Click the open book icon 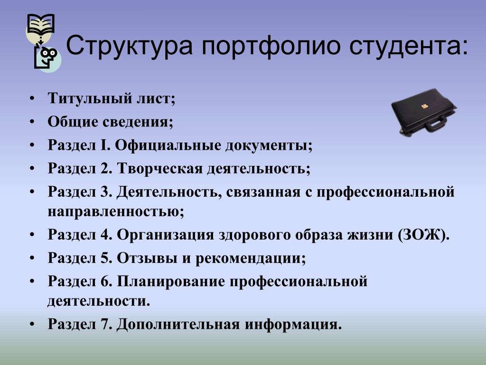pyautogui.click(x=41, y=24)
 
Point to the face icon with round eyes pyautogui.click(x=47, y=58)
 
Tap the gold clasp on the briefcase pyautogui.click(x=425, y=106)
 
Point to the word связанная pyautogui.click(x=263, y=192)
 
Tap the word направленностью pyautogui.click(x=116, y=211)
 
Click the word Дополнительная pyautogui.click(x=178, y=324)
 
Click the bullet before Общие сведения pyautogui.click(x=32, y=122)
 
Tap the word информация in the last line pyautogui.click(x=293, y=324)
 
